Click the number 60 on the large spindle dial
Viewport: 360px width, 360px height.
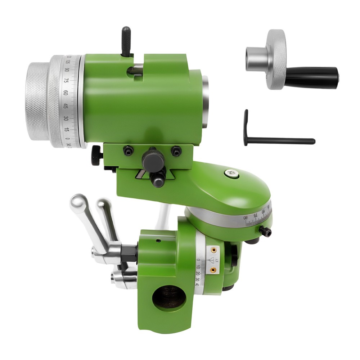pyautogui.click(x=66, y=93)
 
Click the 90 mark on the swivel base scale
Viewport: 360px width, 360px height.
pyautogui.click(x=246, y=217)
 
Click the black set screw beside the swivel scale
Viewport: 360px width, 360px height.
pyautogui.click(x=266, y=232)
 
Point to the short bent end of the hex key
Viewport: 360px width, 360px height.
pyautogui.click(x=246, y=126)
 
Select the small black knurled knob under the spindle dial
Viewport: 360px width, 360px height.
pyautogui.click(x=96, y=155)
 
